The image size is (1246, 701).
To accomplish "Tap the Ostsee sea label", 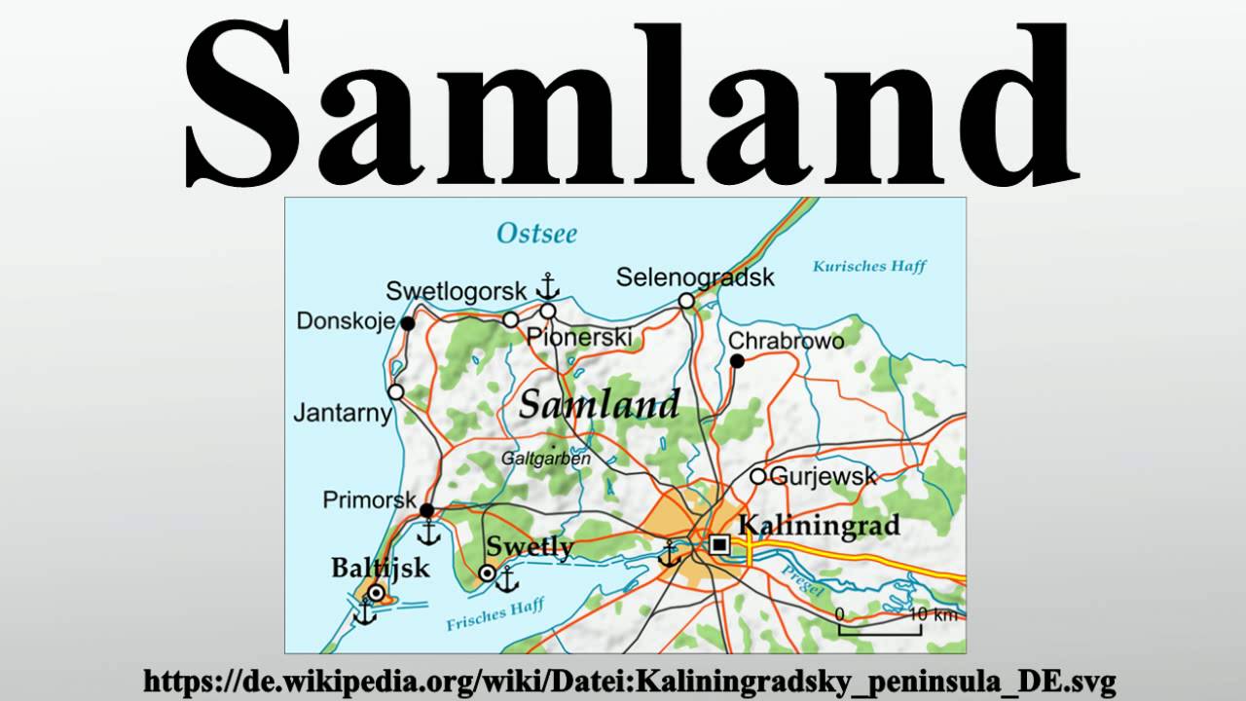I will coord(536,234).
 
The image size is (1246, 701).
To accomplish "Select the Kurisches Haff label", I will coord(869,266).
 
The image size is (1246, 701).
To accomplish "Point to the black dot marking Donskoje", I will coord(408,322).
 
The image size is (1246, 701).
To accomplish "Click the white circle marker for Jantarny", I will coord(396,391).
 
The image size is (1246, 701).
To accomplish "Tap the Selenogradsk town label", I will coord(695,277).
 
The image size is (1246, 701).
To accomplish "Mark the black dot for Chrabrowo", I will coord(737,361).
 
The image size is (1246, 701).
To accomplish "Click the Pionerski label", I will coord(578,337).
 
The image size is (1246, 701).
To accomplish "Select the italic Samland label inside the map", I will coord(599,404).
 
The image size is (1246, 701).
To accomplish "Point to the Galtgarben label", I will coord(546,458).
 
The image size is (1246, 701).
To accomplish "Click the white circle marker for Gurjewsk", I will coord(757,476).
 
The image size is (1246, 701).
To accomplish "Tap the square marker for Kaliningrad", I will coord(719,545).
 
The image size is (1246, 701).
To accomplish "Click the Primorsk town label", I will coord(369,500).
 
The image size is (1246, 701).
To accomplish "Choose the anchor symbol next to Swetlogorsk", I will coord(548,286).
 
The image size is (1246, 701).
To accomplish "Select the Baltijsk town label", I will coord(380,568).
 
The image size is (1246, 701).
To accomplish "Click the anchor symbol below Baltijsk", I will coord(365,612).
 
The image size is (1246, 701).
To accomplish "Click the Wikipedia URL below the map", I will coord(629,681).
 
